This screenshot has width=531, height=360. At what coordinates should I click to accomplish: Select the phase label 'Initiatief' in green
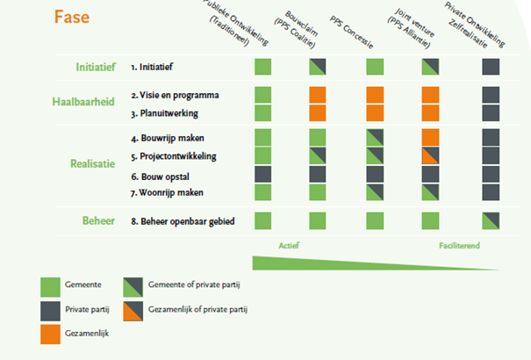tap(98, 67)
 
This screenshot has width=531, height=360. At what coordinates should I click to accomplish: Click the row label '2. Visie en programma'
tap(175, 95)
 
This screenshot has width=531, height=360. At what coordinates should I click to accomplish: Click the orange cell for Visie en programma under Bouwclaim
tap(318, 96)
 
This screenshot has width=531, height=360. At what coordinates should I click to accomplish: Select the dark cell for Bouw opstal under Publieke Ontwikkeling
tap(262, 175)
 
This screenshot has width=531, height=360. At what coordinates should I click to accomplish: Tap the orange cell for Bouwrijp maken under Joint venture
tap(430, 137)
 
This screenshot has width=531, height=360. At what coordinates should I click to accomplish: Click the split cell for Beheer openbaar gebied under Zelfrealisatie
tap(490, 220)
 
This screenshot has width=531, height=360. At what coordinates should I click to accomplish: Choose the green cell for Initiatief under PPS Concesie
tap(375, 67)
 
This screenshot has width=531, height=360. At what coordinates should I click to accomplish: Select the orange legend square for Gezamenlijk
tap(51, 334)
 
